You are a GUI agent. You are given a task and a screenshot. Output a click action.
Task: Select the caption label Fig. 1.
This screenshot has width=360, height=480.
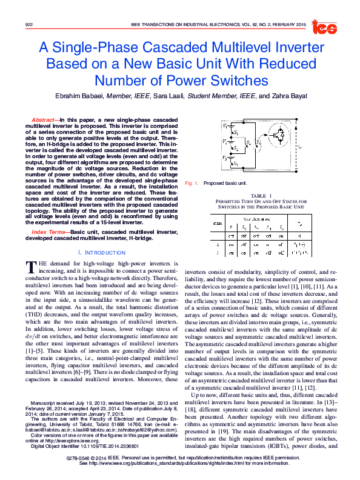click(x=192, y=182)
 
